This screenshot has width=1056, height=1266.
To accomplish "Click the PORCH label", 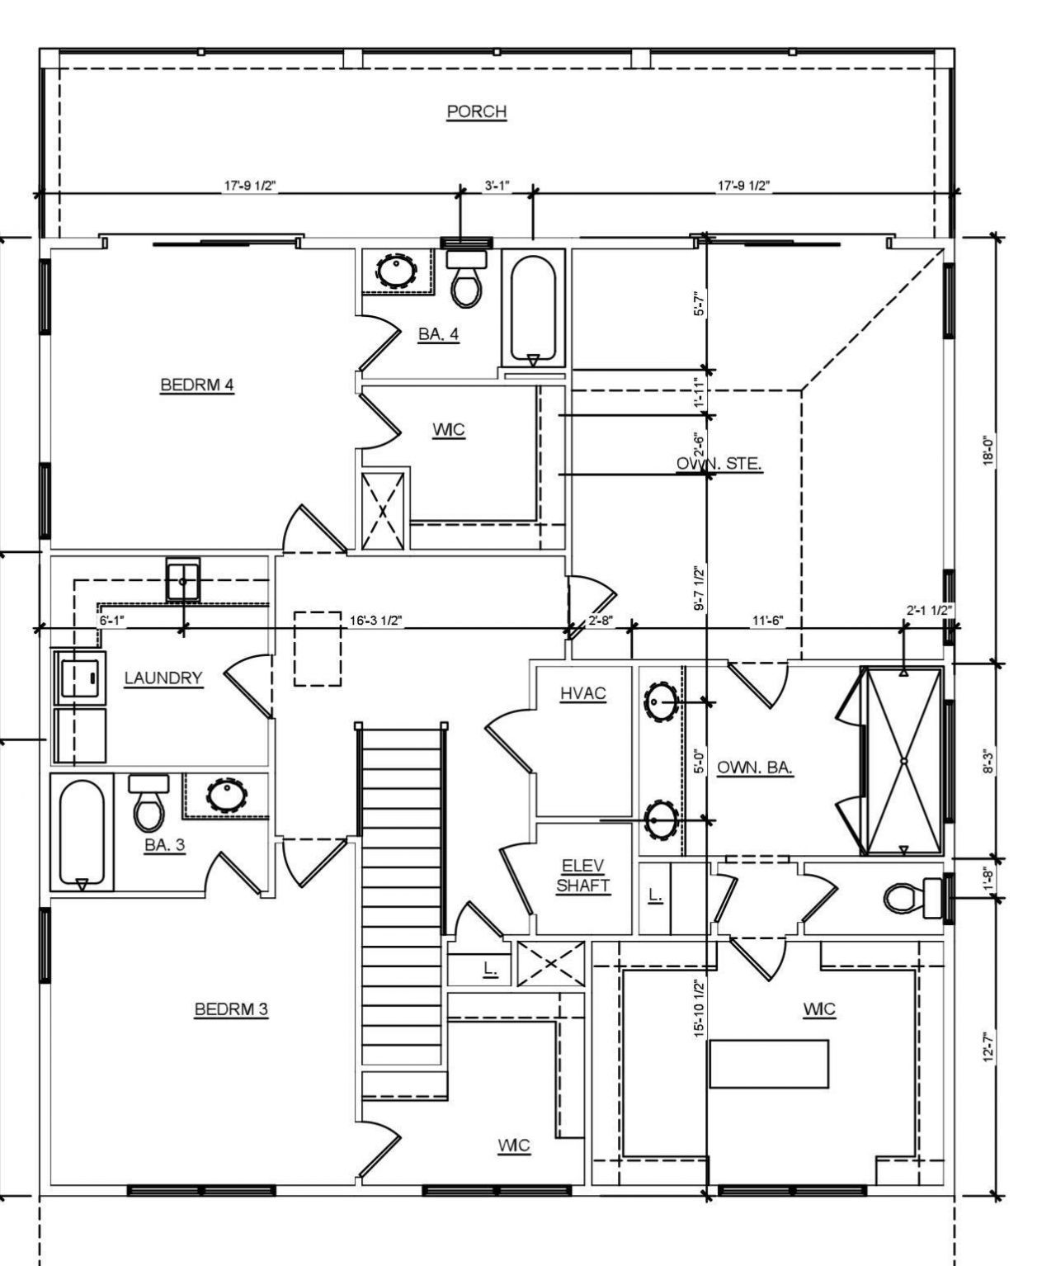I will pyautogui.click(x=476, y=111).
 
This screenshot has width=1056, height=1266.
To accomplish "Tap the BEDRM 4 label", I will pyautogui.click(x=197, y=385).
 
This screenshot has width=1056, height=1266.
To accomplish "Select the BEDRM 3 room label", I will pyautogui.click(x=231, y=1009).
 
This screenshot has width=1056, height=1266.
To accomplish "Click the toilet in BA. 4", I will pyautogui.click(x=467, y=281).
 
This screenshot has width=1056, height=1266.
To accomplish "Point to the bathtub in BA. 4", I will pyautogui.click(x=533, y=309).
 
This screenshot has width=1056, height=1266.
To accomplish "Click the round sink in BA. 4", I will pyautogui.click(x=397, y=269).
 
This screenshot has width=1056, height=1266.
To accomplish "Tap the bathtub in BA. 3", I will pyautogui.click(x=81, y=834).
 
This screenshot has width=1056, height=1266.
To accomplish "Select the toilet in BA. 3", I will pyautogui.click(x=149, y=805).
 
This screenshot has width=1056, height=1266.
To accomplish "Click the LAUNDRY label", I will pyautogui.click(x=163, y=678).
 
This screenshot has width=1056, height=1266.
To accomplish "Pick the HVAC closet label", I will pyautogui.click(x=583, y=694).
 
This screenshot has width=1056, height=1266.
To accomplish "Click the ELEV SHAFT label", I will pyautogui.click(x=583, y=876).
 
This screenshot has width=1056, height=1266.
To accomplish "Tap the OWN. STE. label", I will pyautogui.click(x=719, y=464).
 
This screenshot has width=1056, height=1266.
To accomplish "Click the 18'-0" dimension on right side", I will pyautogui.click(x=988, y=451).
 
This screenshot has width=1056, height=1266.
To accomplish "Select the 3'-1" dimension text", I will pyautogui.click(x=497, y=187).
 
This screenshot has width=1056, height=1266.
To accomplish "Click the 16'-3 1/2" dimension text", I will pyautogui.click(x=375, y=621).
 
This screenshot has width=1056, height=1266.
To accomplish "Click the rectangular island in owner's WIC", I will pyautogui.click(x=769, y=1064).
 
